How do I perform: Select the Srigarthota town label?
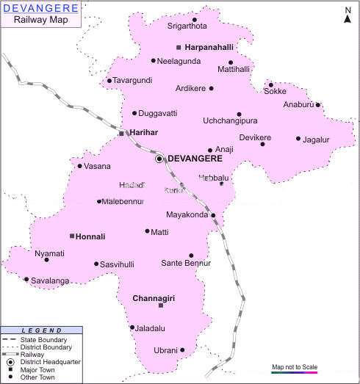tap(168, 27)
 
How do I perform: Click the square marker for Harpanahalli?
tap(179, 48)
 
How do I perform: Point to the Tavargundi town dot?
tap(109, 81)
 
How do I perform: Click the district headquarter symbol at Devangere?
tap(159, 159)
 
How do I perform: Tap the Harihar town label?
tap(144, 132)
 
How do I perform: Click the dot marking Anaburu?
tap(318, 105)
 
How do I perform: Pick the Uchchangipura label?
tap(231, 120)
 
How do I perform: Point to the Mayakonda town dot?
tap(213, 216)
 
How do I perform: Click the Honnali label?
tap(91, 236)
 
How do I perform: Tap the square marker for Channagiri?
tap(161, 305)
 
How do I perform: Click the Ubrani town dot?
tap(182, 350)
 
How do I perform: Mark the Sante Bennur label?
tap(186, 263)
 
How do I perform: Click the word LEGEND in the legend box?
tap(37, 331)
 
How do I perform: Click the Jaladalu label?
tap(150, 327)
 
